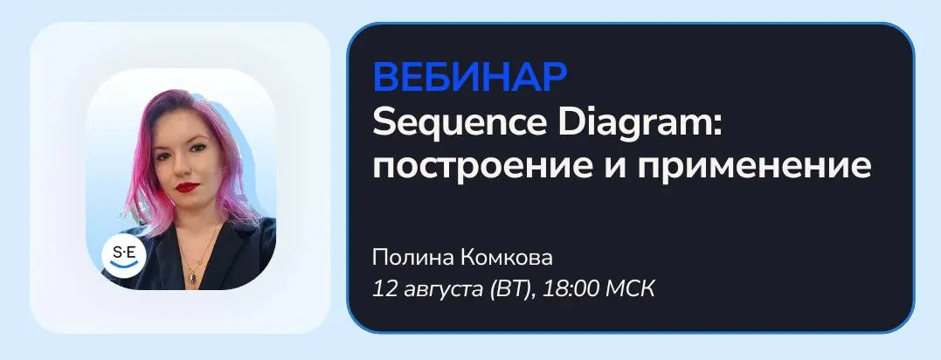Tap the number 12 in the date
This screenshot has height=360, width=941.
pos(383,290)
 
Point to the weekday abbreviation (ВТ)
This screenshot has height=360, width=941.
pos(511,290)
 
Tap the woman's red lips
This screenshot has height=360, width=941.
pos(187,187)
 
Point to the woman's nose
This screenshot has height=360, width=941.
pos(185,165)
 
